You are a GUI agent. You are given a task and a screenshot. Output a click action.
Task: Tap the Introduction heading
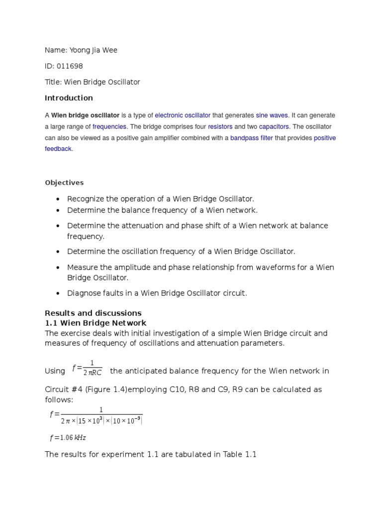coord(69,98)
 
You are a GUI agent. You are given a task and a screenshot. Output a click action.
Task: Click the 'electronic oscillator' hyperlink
coord(183,115)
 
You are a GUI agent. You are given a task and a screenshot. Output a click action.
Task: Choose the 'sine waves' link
coord(272,115)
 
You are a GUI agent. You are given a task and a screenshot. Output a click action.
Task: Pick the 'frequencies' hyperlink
coord(110,127)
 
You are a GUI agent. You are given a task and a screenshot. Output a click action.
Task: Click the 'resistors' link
coord(220,127)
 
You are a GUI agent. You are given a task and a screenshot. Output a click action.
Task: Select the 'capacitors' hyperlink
coord(274,127)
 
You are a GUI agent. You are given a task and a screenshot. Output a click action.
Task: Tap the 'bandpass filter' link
coord(251,138)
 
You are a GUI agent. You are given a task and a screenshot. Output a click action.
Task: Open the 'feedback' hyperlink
coord(58,149)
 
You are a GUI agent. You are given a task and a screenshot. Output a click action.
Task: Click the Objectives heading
coord(64,182)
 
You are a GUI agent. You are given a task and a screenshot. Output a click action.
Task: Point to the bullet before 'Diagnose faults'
coord(58,294)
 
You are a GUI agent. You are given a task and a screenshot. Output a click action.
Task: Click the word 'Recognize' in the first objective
coord(85,198)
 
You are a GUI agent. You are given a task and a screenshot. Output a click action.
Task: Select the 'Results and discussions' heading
coord(93,313)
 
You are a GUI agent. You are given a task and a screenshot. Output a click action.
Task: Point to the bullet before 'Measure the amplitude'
coord(58,268)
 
